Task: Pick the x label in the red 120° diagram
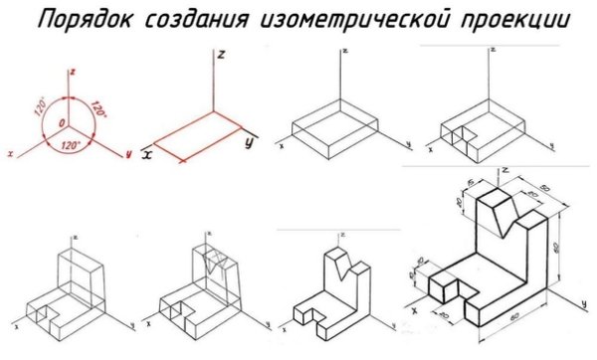(x=9, y=154)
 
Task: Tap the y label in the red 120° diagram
(x=128, y=154)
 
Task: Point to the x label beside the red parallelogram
(x=146, y=153)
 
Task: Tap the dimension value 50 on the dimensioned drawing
(x=545, y=190)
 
